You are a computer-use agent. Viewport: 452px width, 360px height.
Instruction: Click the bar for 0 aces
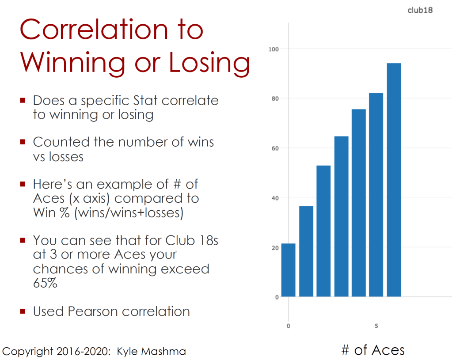pos(288,270)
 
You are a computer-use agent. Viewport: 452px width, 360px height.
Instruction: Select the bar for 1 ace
pos(306,251)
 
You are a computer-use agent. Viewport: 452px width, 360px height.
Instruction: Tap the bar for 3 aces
pos(341,216)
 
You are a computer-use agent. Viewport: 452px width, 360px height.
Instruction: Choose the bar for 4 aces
pos(358,203)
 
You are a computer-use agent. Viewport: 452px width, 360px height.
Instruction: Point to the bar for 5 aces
pos(376,195)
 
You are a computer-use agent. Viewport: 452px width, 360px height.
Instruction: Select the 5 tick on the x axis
pos(376,326)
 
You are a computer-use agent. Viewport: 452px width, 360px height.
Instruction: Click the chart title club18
pos(420,10)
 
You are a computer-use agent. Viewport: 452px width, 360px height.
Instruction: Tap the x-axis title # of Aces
pos(373,350)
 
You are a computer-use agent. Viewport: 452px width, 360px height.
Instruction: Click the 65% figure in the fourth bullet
pos(45,283)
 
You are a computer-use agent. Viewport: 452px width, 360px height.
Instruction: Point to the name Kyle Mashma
pos(152,352)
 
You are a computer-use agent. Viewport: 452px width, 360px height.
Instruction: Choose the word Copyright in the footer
pos(28,352)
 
